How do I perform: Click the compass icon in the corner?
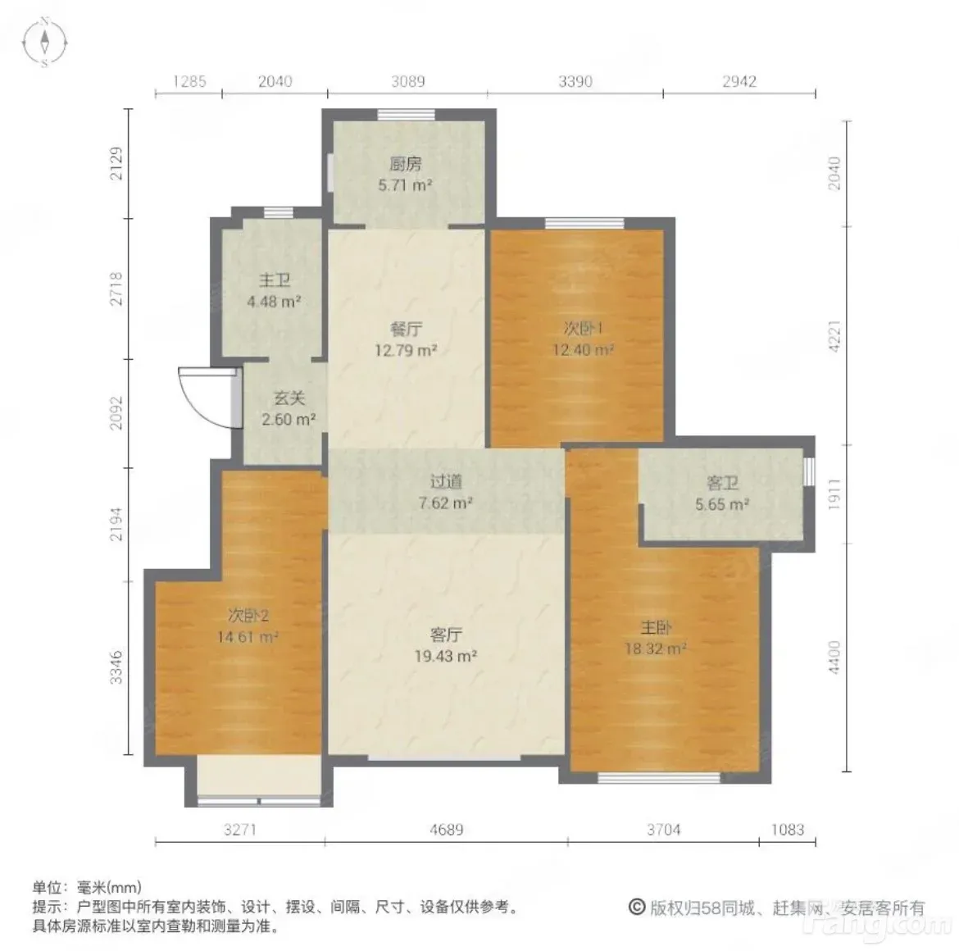(x=44, y=42)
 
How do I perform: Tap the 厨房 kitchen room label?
(x=406, y=164)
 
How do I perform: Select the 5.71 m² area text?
(x=406, y=184)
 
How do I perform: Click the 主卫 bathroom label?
(x=274, y=280)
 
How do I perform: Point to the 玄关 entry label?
(x=289, y=398)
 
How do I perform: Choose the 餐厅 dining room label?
(x=406, y=330)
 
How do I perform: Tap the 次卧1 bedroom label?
(x=584, y=329)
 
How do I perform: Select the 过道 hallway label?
(x=446, y=482)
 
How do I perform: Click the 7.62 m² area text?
(x=446, y=503)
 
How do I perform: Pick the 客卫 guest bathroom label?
(x=722, y=484)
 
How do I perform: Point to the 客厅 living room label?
(x=446, y=635)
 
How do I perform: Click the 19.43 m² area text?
(x=446, y=656)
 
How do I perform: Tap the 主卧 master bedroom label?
(x=656, y=627)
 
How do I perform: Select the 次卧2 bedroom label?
(x=248, y=615)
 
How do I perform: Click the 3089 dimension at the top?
(x=408, y=81)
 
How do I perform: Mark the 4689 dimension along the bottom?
(x=447, y=830)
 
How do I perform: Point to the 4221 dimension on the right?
(x=834, y=336)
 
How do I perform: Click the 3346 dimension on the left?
(x=116, y=667)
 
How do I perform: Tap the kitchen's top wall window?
(x=406, y=114)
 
